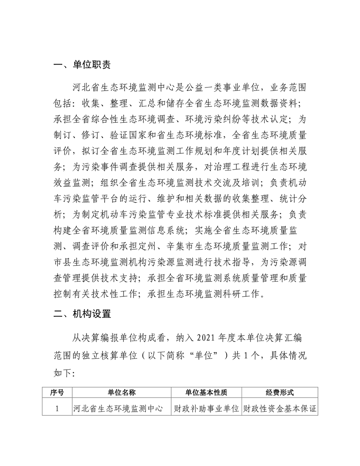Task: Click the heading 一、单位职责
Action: [82, 65]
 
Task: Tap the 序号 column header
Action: [57, 392]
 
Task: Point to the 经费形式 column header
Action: [280, 392]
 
